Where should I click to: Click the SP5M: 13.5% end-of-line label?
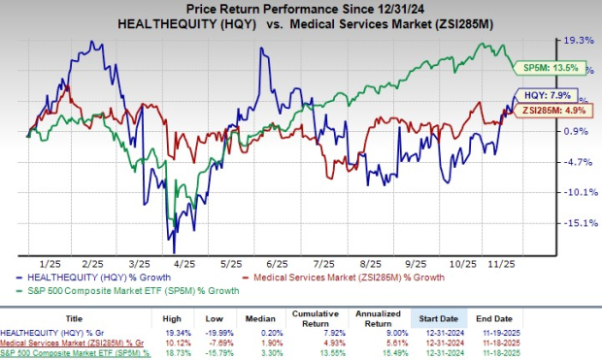tap(558, 68)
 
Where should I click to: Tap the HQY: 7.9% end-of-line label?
tap(555, 97)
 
